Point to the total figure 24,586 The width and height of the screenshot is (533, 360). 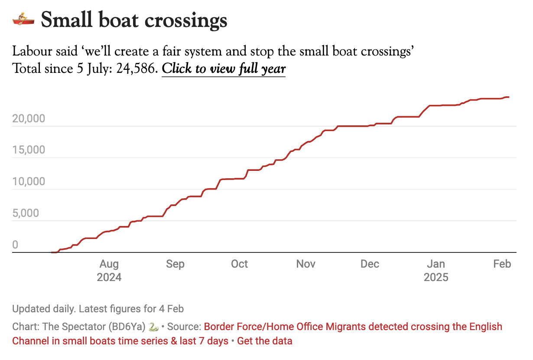(x=137, y=69)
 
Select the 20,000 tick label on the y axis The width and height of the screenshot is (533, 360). (x=29, y=119)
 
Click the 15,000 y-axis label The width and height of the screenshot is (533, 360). (x=29, y=150)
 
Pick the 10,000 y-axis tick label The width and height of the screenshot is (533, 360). (x=29, y=182)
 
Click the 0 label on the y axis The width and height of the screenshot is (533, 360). (x=15, y=245)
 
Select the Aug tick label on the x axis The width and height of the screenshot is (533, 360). (x=109, y=264)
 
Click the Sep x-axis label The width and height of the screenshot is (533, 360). (x=175, y=264)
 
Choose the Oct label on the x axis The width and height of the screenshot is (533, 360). (x=239, y=264)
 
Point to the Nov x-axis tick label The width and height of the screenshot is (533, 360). (x=306, y=264)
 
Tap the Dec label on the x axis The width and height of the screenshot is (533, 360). (x=370, y=264)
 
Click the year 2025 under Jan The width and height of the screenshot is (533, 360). (x=436, y=277)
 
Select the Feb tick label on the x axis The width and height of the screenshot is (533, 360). (x=502, y=264)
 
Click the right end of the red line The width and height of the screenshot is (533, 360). (x=509, y=97)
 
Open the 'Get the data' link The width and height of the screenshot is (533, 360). (x=265, y=341)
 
